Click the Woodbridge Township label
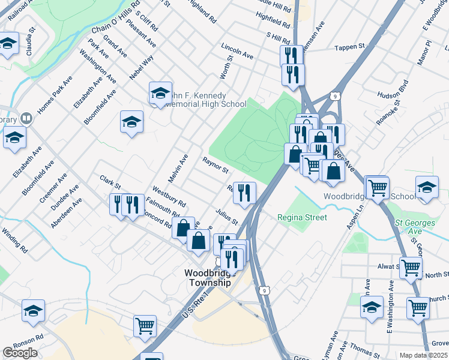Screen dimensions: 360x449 (207, 277)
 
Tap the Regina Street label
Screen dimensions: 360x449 (301, 217)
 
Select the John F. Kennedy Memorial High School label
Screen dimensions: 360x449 (198, 100)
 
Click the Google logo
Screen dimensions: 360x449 (20, 353)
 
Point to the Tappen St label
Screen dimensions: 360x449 (350, 47)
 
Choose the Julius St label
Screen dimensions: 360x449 (228, 215)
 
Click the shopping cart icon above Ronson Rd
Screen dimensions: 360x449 (145, 325)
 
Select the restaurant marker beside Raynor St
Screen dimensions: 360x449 (244, 192)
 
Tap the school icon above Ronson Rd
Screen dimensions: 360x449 (33, 310)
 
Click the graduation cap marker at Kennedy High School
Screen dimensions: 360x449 (160, 92)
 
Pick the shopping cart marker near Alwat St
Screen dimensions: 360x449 (411, 267)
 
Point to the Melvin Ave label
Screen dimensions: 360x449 (178, 169)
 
